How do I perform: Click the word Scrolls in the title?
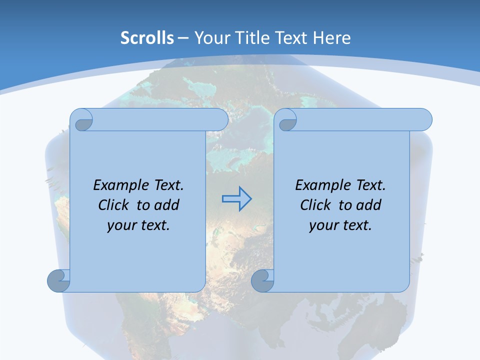[x=147, y=38]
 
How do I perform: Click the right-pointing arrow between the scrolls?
[x=236, y=199]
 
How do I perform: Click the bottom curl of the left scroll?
[x=59, y=280]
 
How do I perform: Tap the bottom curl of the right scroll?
[x=263, y=280]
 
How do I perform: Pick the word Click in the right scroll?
[x=316, y=205]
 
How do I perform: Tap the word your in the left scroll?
[x=120, y=225]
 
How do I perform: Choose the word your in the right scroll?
[x=322, y=225]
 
